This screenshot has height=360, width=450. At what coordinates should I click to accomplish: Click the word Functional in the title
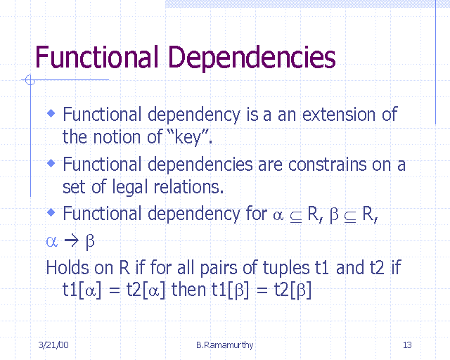coord(92,56)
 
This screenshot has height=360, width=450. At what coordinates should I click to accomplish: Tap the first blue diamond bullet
coord(51,112)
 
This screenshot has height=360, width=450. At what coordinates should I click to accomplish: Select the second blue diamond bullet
coord(51,162)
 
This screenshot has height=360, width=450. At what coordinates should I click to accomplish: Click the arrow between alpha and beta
coord(70,242)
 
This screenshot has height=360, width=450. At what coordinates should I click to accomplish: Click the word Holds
coord(67,267)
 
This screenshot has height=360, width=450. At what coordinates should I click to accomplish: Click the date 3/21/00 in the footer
coord(53,345)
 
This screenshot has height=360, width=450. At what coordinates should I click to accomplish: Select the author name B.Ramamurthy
coord(225,345)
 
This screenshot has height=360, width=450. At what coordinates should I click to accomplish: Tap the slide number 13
coord(407,345)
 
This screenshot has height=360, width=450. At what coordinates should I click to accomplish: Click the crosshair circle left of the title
coord(30,80)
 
